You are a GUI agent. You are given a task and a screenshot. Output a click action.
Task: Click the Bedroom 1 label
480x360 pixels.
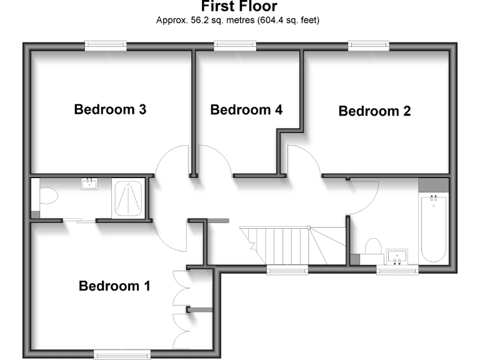click(114, 286)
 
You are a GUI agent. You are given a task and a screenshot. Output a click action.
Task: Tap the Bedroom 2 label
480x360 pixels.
click(374, 111)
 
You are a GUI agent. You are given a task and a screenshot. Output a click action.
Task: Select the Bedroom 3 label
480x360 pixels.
click(110, 109)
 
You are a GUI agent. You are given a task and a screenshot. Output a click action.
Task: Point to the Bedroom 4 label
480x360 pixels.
click(246, 110)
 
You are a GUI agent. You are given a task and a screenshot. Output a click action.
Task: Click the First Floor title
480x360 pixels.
click(239, 7)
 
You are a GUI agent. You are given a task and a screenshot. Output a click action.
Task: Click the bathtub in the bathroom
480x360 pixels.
click(433, 228)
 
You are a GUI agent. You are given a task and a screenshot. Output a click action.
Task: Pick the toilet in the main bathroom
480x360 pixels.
click(373, 247)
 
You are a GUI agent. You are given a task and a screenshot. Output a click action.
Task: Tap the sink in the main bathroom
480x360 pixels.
click(397, 256)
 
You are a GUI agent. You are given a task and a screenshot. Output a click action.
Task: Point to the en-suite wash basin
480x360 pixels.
click(89, 183)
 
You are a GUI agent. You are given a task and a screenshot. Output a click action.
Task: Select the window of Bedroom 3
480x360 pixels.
click(106, 45)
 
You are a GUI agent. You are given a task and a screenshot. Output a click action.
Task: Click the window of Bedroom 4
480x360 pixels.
click(235, 45)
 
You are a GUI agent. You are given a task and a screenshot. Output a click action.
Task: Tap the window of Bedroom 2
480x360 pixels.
click(369, 45)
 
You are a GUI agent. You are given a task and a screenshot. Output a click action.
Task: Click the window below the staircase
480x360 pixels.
click(287, 270)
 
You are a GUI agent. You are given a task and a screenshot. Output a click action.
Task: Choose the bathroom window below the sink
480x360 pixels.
click(397, 270)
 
